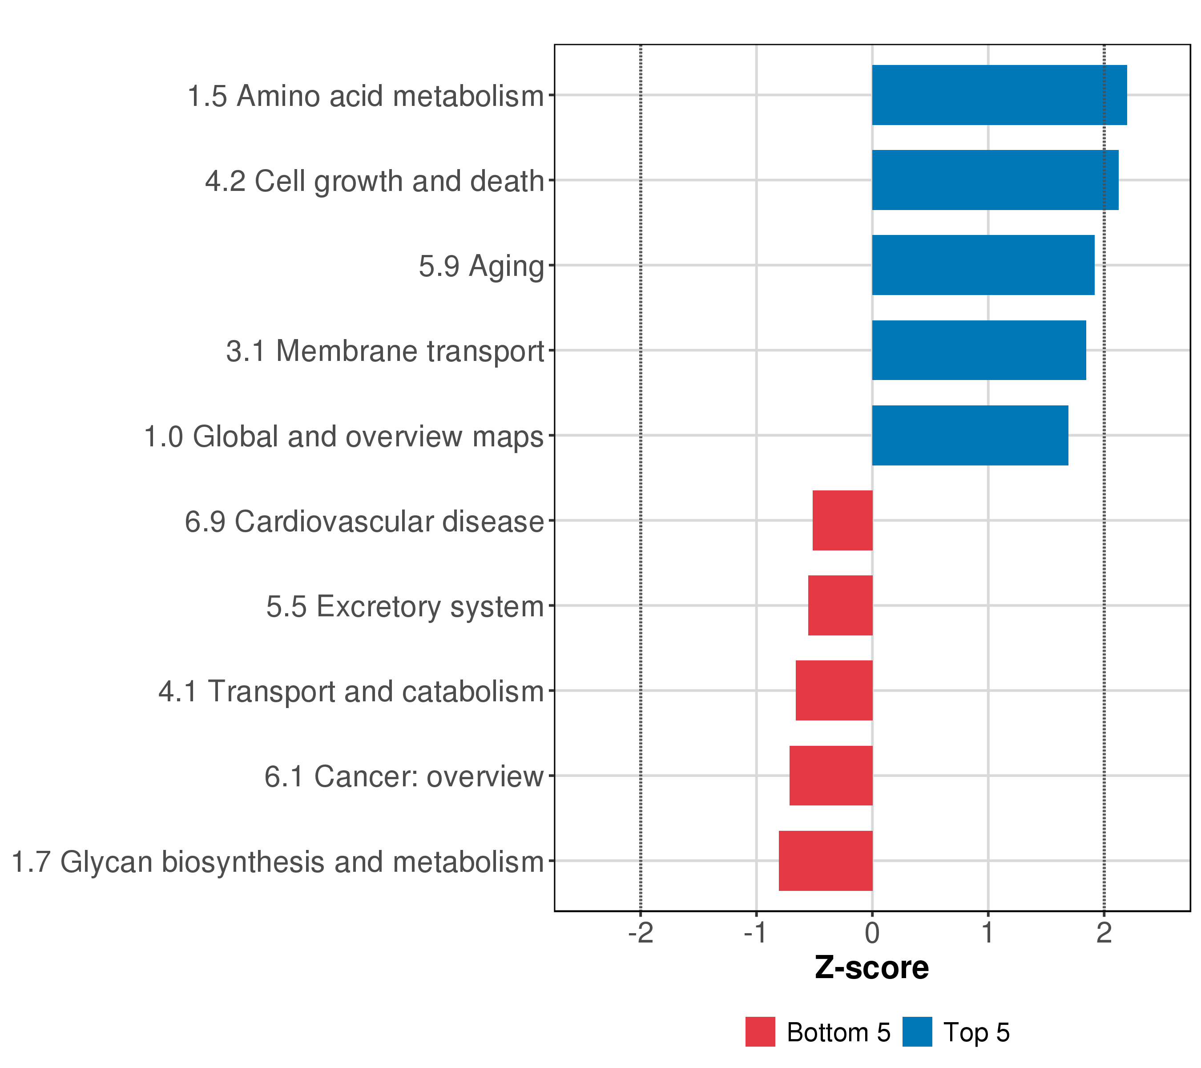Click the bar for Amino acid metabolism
999,95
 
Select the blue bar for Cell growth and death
995,180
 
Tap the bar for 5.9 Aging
983,265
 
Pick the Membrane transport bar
979,350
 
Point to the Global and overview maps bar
970,436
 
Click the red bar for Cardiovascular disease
842,520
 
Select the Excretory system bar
840,605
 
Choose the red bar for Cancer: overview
831,776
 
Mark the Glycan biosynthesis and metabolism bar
826,861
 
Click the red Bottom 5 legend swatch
760,1032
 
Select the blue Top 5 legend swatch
917,1032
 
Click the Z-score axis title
872,968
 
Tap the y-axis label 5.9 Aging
481,266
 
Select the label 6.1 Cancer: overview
403,777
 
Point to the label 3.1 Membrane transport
385,352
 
